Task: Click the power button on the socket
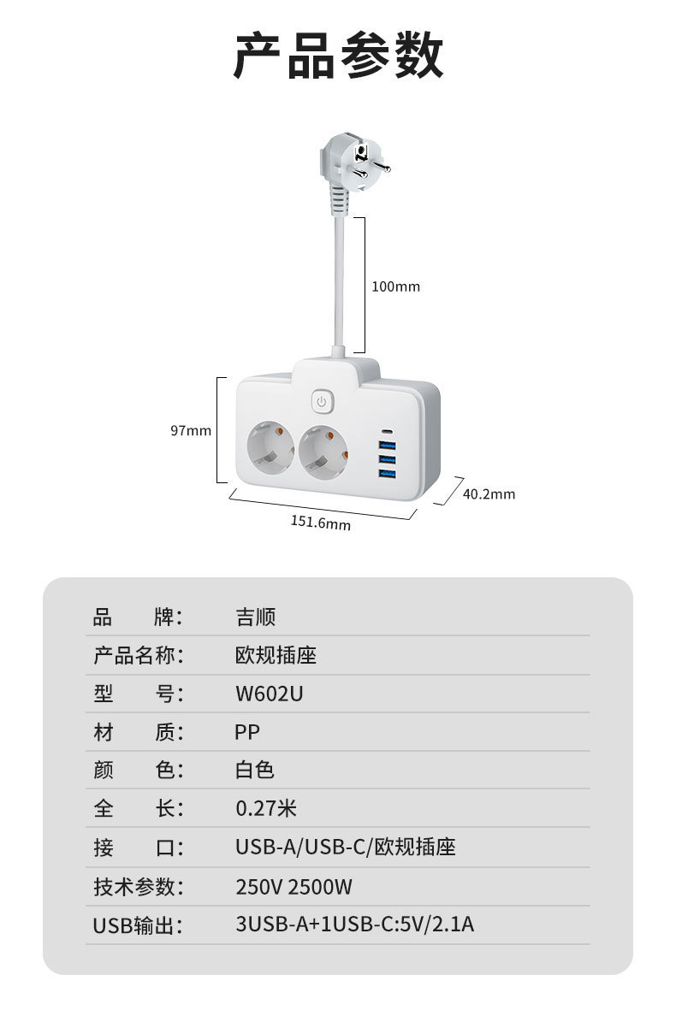[x=322, y=400]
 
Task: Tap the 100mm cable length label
[x=395, y=287]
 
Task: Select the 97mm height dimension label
[x=190, y=430]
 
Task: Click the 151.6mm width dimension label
[x=321, y=522]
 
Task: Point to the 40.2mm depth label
[x=489, y=493]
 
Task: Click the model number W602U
[x=269, y=694]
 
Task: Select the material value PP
[x=247, y=732]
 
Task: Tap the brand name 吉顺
[x=255, y=617]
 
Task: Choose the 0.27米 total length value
[x=266, y=808]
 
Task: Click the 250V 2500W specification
[x=294, y=887]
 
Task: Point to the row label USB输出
[x=138, y=925]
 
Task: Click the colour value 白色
[x=255, y=770]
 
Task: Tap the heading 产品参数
[x=338, y=56]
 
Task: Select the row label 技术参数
[x=138, y=887]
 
